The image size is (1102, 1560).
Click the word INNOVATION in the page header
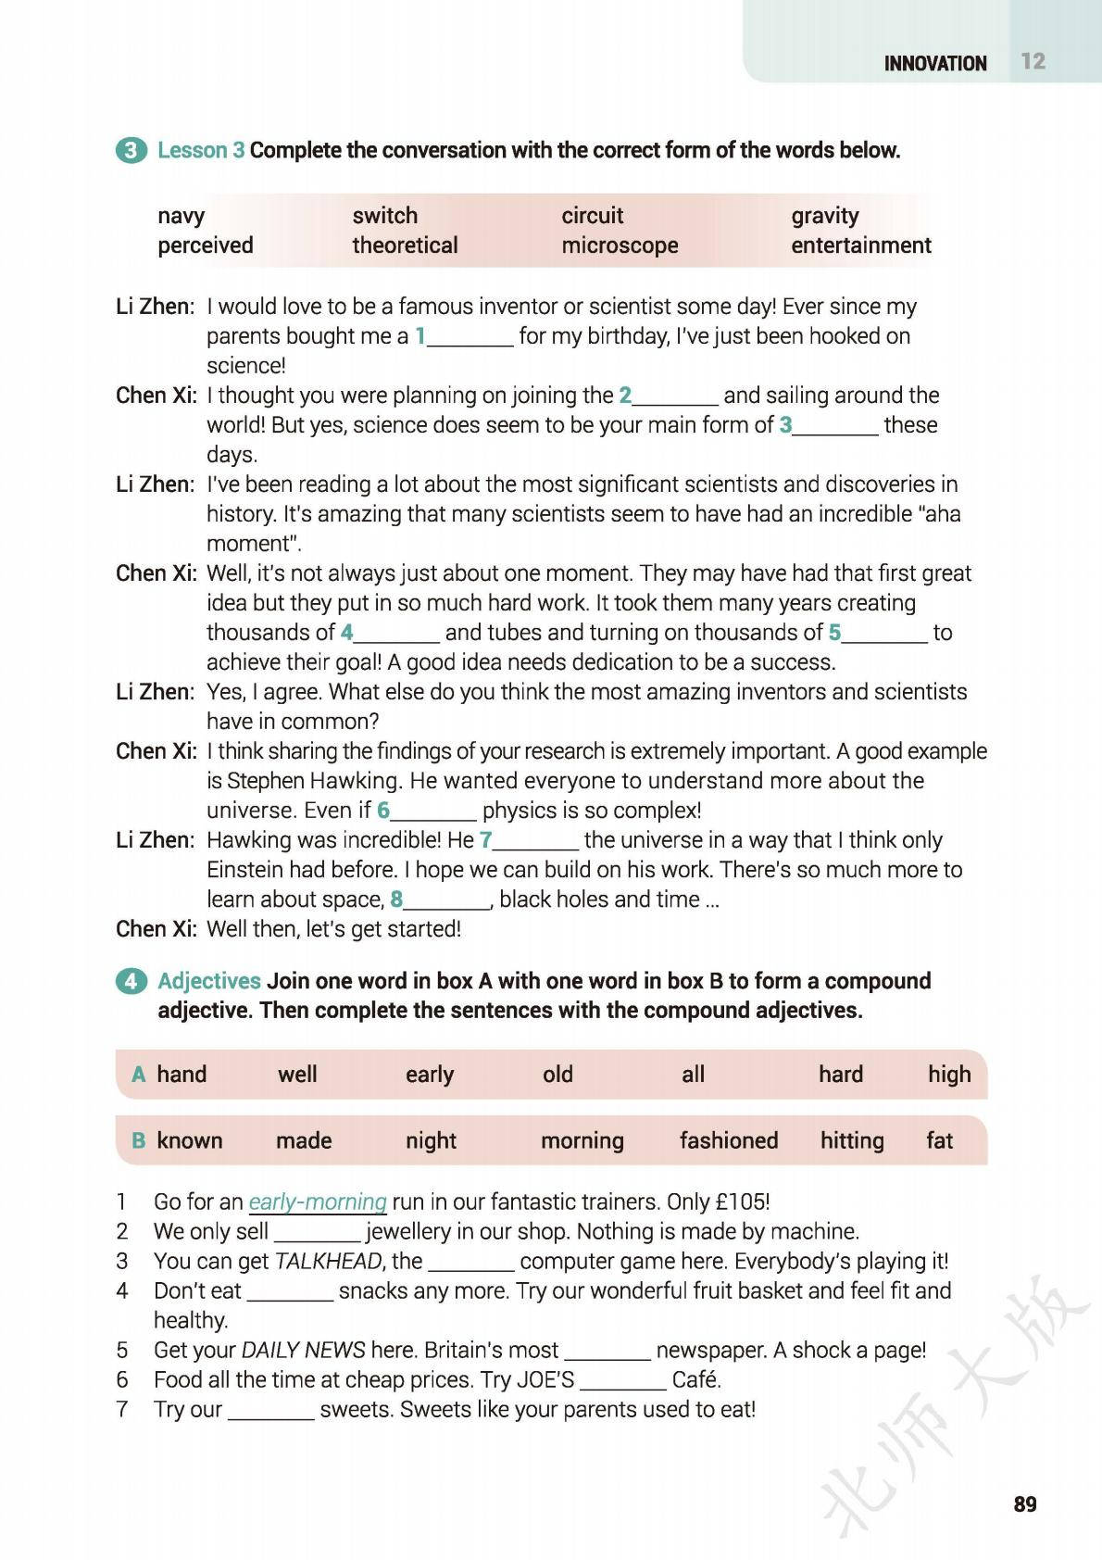click(934, 63)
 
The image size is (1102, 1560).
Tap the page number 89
click(1025, 1503)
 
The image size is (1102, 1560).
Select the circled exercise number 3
click(131, 150)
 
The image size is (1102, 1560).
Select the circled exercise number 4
click(131, 981)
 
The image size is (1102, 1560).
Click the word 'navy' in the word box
click(181, 216)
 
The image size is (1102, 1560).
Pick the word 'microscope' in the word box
click(620, 245)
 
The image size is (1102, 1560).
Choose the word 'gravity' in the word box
click(824, 216)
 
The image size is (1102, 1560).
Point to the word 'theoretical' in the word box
click(405, 245)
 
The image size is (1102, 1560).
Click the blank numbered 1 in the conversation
click(470, 337)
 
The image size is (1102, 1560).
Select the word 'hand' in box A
click(182, 1075)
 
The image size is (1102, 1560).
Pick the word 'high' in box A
click(949, 1075)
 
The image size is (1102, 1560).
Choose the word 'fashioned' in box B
click(728, 1140)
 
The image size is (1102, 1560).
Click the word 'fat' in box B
click(939, 1140)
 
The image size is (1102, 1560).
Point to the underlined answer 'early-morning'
click(318, 1201)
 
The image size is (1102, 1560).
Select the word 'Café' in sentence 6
click(695, 1379)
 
